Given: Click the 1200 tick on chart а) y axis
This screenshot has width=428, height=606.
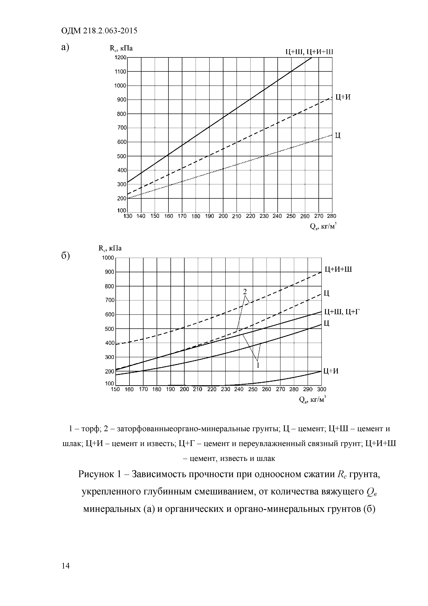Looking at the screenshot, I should [120, 58].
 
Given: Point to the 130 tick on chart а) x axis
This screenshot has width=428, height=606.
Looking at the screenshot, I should [128, 216].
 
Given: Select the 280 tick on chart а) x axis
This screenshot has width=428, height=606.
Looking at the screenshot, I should [332, 216].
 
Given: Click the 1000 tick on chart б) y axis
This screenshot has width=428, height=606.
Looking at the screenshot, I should [108, 258].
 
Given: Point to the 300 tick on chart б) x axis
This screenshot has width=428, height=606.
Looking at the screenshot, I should [322, 389].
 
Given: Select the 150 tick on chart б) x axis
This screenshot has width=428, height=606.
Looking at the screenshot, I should [115, 389].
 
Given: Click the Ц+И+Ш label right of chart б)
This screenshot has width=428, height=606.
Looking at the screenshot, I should [338, 269].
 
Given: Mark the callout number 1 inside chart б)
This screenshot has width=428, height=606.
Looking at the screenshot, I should [258, 365].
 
